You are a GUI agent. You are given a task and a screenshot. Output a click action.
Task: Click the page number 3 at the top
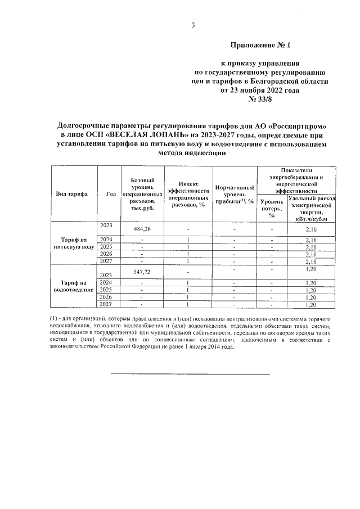tap(192, 25)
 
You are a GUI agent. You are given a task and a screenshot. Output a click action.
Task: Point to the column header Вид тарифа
tap(71, 193)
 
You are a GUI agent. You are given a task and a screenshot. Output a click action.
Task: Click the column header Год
tap(110, 193)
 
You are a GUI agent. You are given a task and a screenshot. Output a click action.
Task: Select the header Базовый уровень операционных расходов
tap(143, 193)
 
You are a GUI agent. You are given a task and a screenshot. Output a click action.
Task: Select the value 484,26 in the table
tap(143, 229)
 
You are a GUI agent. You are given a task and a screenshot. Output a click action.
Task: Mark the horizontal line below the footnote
tap(189, 374)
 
